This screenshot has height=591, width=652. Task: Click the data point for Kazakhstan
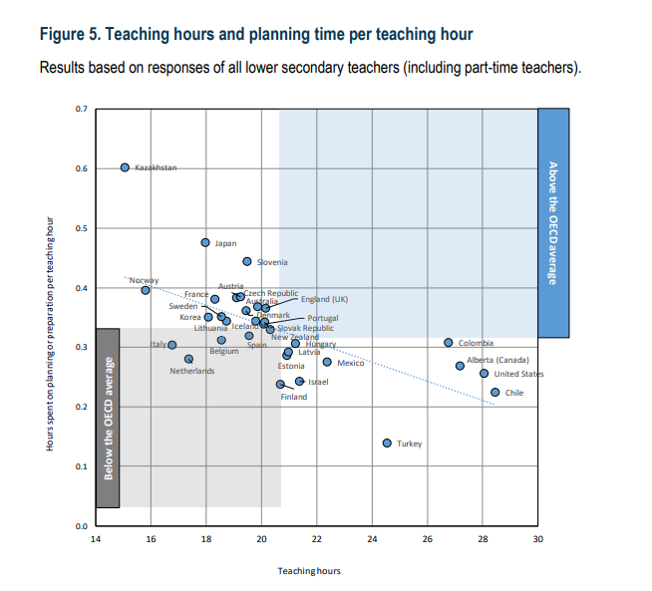(126, 167)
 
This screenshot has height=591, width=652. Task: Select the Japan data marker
(205, 242)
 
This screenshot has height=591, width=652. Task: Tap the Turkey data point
(387, 443)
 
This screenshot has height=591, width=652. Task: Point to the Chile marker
(494, 393)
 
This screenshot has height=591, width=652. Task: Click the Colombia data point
(449, 343)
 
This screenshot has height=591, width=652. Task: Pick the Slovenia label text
(272, 262)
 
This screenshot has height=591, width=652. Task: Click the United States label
(518, 374)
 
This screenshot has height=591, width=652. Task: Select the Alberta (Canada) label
(497, 360)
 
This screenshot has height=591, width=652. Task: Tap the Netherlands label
(191, 372)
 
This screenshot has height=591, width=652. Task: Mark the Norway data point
(146, 290)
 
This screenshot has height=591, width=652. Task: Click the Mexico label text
(350, 363)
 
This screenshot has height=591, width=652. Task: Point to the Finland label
(293, 397)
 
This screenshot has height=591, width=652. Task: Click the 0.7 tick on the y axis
(81, 108)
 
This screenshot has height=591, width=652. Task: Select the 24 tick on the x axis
(372, 539)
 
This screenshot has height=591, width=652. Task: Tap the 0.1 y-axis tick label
(81, 465)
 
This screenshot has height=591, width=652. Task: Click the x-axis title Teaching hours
(308, 571)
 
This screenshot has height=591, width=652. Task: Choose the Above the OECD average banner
(553, 221)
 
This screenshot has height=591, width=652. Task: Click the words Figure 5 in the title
(69, 34)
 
